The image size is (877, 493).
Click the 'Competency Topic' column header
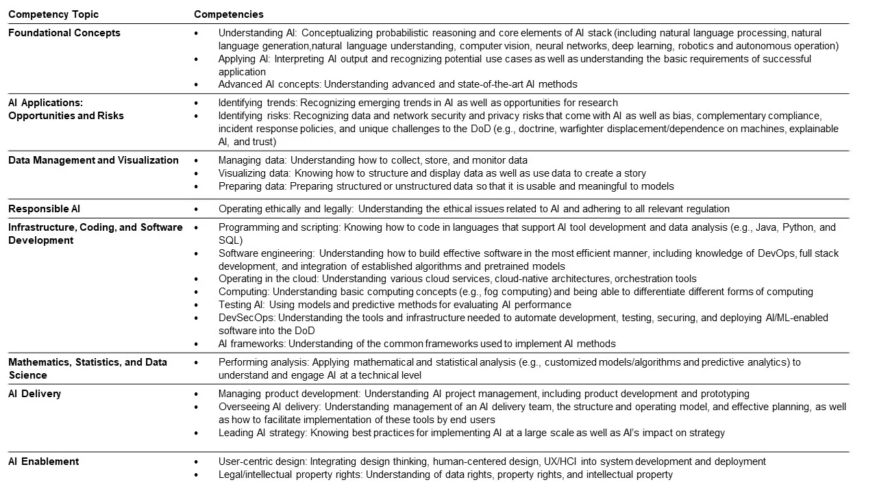(53, 14)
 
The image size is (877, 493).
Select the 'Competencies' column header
(229, 14)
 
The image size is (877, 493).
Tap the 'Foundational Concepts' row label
(64, 33)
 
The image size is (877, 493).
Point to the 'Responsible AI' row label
(45, 209)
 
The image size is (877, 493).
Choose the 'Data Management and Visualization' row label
(93, 160)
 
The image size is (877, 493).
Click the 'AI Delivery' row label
(34, 394)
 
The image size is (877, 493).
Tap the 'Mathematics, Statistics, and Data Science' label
(88, 368)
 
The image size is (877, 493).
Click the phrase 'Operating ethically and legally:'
(286, 209)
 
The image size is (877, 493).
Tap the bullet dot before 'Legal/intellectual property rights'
(196, 475)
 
